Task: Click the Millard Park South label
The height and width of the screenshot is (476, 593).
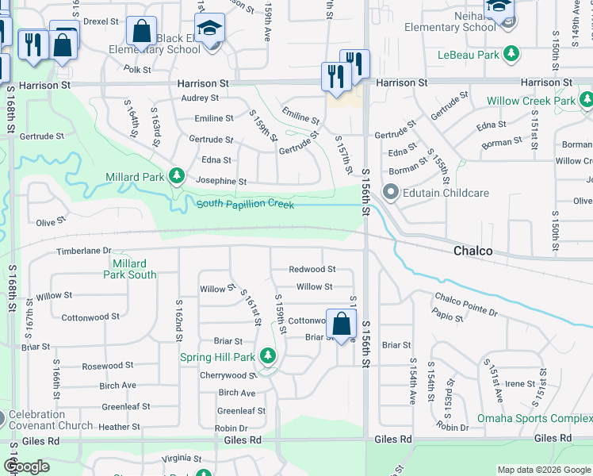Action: (129, 269)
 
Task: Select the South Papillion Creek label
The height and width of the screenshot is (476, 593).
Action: (245, 205)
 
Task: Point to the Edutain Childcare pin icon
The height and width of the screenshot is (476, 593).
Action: (389, 193)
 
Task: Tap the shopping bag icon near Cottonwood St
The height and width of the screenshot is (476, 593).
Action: (341, 324)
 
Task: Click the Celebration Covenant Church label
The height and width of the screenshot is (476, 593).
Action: (49, 420)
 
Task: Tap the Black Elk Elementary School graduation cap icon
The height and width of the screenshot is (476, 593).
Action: (209, 30)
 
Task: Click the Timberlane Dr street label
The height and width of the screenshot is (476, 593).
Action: (83, 251)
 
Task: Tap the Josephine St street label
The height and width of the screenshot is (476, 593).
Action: (221, 181)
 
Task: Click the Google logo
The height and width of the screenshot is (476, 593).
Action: (27, 466)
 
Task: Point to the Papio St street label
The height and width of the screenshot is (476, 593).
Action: (448, 317)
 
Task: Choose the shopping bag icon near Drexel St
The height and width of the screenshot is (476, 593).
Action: (141, 32)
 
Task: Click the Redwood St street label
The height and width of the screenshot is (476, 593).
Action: (312, 270)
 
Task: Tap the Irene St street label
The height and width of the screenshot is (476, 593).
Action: (520, 383)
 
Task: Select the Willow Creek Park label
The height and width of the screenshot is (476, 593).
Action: (530, 101)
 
